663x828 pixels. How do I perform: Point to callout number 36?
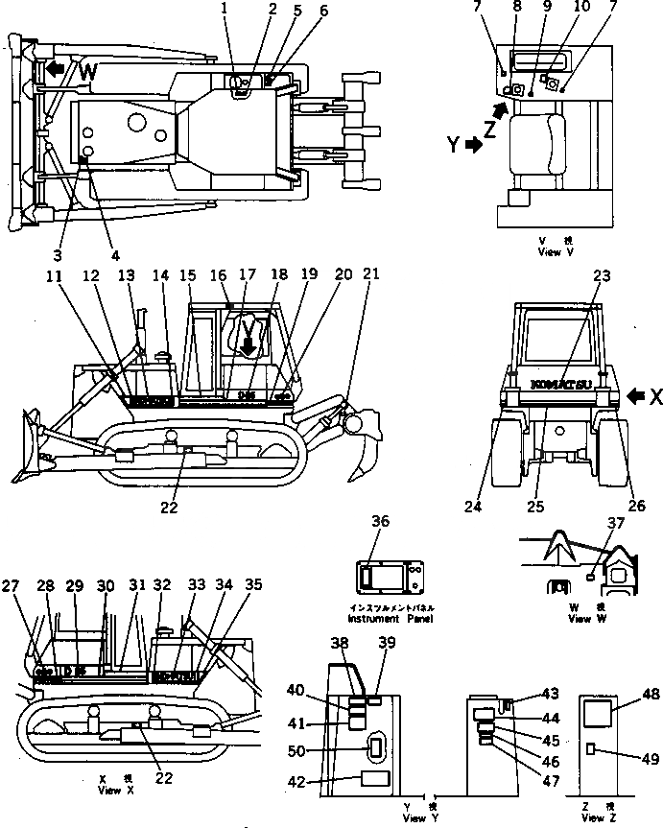(381, 521)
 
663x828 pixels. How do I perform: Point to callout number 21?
(370, 272)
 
